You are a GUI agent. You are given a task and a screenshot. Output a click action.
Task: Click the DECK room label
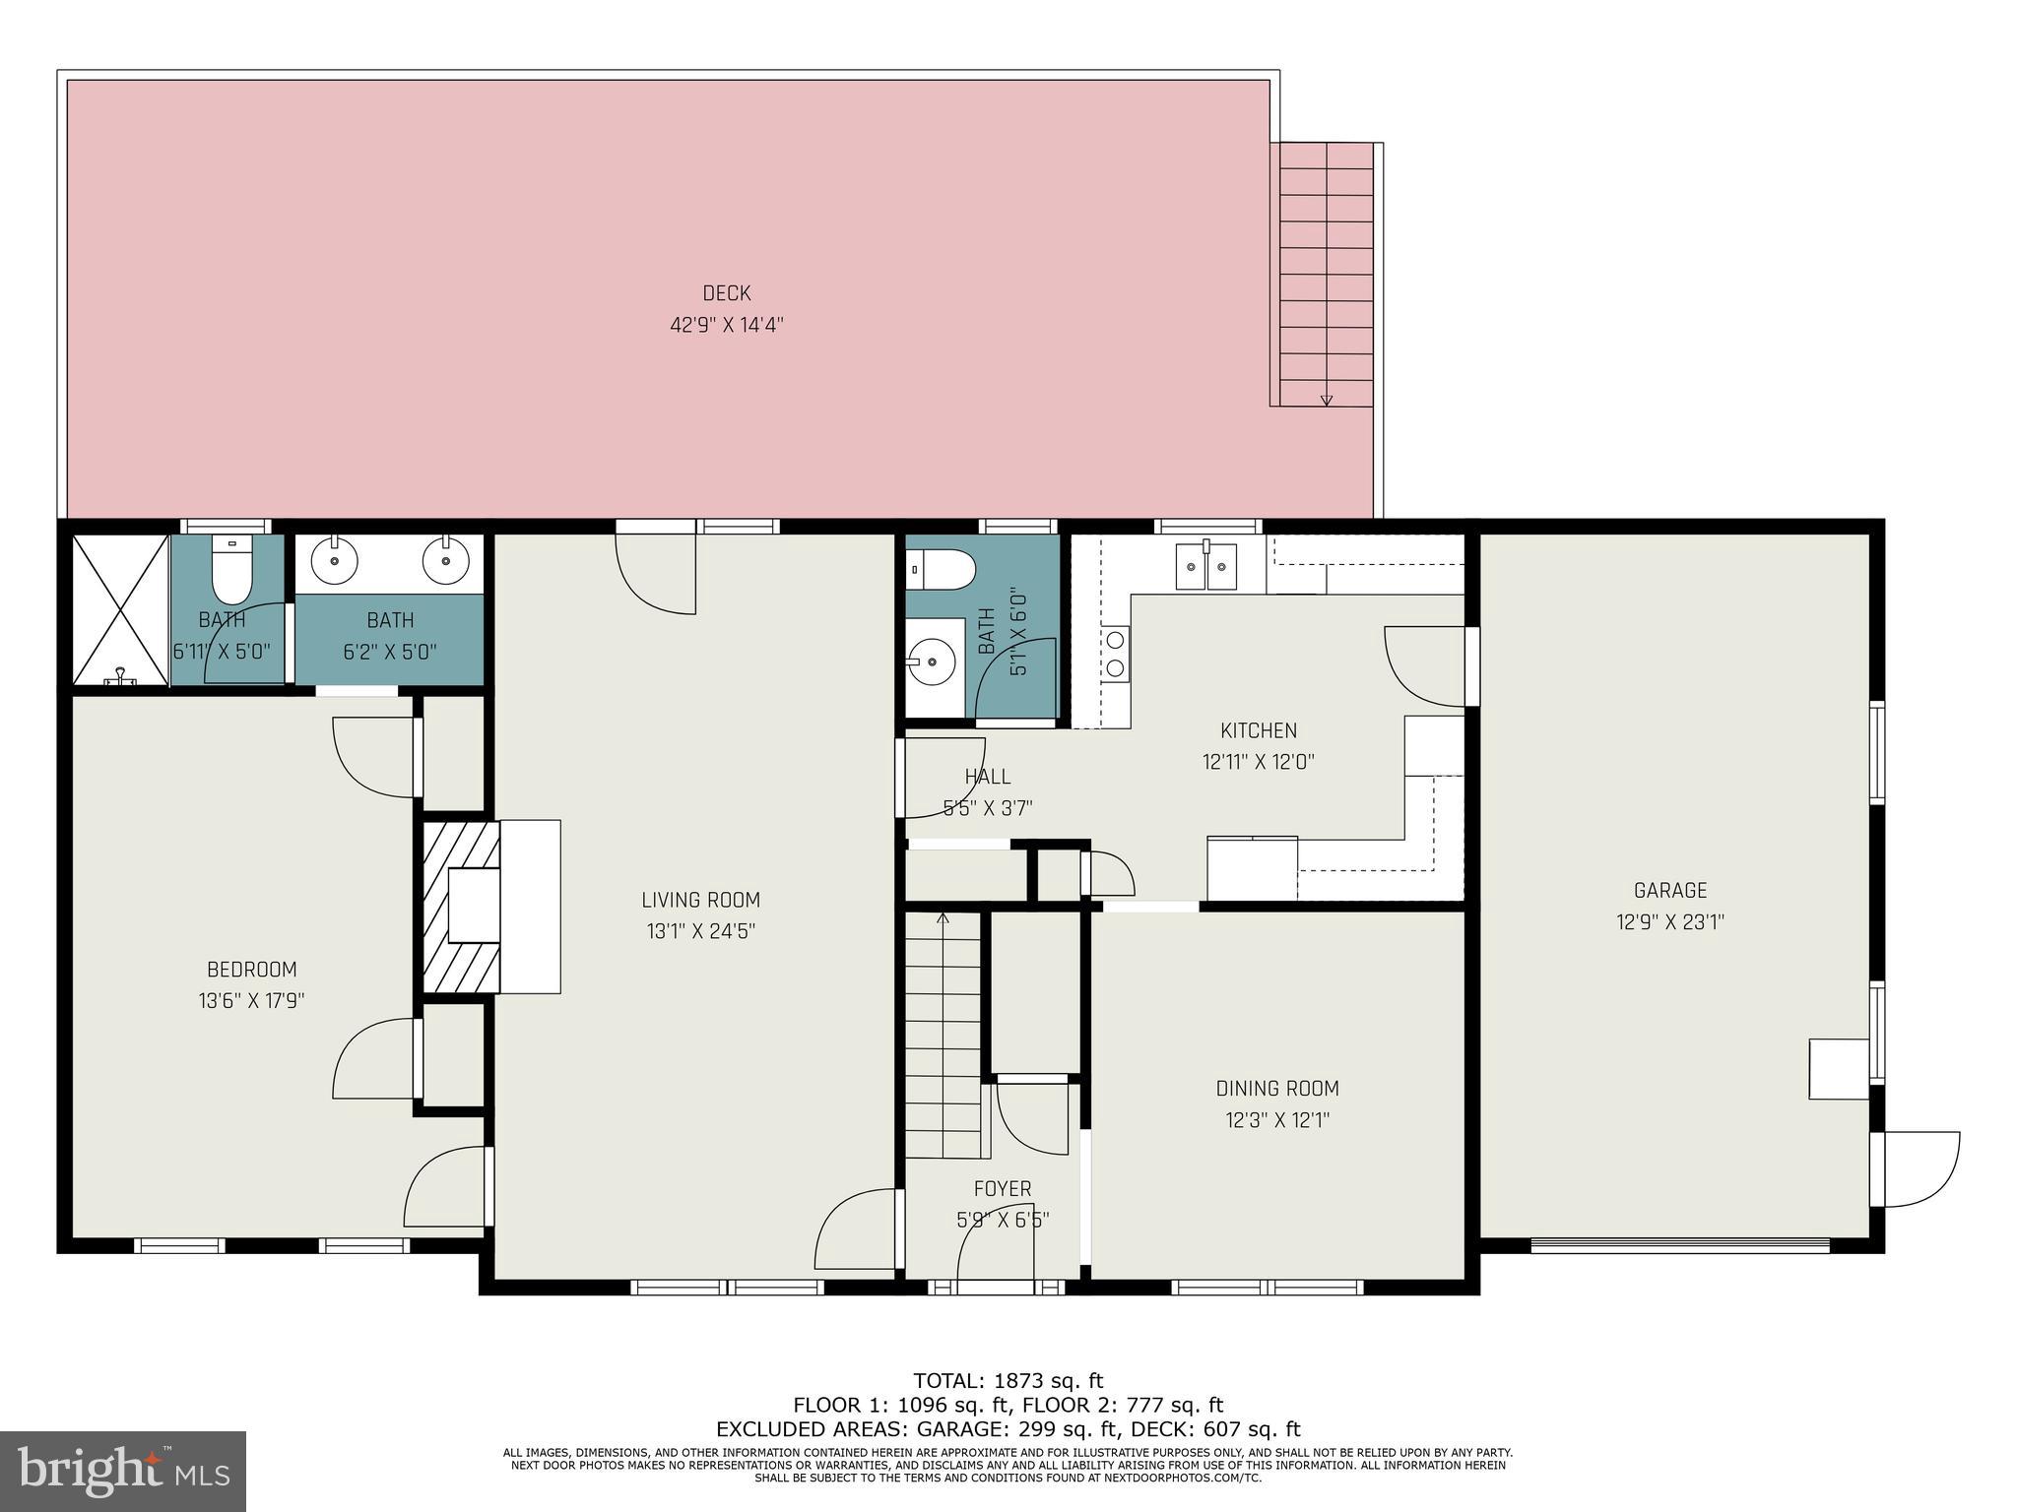click(x=726, y=293)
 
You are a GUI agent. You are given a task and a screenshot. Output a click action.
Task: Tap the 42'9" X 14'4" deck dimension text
click(x=726, y=325)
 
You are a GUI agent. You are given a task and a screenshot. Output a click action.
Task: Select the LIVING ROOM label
click(x=700, y=900)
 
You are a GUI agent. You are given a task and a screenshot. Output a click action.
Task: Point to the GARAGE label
click(x=1669, y=891)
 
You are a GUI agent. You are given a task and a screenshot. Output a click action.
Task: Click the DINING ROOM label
click(x=1276, y=1089)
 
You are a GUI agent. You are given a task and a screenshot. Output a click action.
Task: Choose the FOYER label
click(x=1003, y=1189)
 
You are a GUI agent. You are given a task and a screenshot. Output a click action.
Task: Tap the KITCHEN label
click(x=1258, y=730)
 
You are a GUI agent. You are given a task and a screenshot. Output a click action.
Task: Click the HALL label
click(x=987, y=777)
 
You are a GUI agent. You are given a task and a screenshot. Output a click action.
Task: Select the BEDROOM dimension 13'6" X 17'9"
click(x=251, y=1001)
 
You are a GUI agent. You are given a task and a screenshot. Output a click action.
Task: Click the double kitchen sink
click(x=1205, y=567)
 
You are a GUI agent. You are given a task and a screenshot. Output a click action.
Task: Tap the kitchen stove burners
click(x=1116, y=653)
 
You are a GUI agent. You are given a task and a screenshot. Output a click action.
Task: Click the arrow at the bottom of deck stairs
click(x=1326, y=400)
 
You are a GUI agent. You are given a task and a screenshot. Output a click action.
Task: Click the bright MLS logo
click(x=122, y=1472)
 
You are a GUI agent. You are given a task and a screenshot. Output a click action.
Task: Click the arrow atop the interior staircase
click(x=943, y=919)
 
